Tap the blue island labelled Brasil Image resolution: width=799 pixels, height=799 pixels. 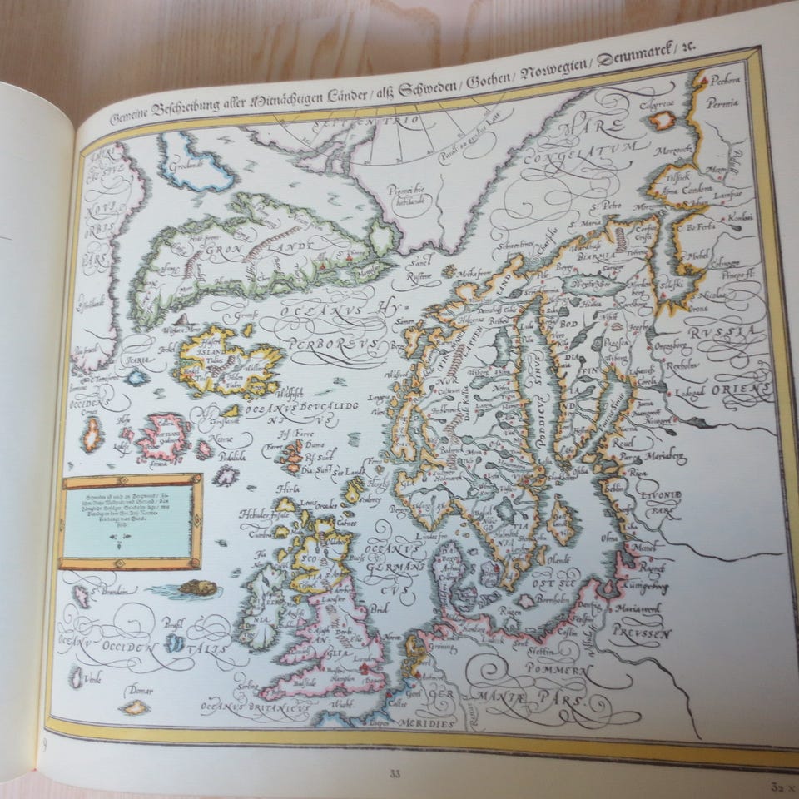tap(174, 643)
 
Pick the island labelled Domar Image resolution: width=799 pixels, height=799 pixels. tap(133, 706)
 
